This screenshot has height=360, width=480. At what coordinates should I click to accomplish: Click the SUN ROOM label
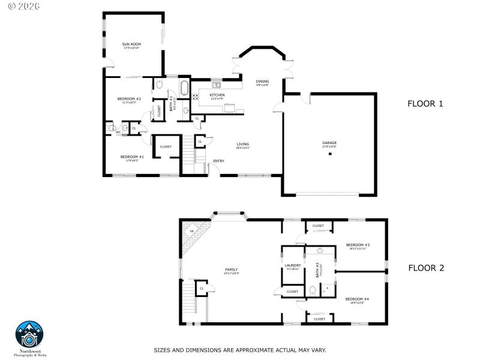(131, 44)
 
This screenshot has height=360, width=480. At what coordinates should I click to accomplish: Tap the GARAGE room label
(329, 143)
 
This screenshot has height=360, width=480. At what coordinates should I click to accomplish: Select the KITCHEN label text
(217, 95)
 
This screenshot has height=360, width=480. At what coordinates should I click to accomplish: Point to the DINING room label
(262, 82)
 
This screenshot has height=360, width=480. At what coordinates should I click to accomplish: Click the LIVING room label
(242, 144)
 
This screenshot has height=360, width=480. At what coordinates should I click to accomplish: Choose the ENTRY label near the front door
(218, 161)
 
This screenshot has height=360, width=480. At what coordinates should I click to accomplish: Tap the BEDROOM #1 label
(133, 157)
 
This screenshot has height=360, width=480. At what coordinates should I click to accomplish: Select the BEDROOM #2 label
(129, 99)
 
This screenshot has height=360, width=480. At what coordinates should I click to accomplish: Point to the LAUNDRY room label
(292, 265)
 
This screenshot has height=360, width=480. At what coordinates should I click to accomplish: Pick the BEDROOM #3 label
(358, 245)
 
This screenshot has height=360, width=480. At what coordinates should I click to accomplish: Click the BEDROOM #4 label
(357, 299)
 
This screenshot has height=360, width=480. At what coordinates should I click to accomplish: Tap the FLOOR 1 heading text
(425, 104)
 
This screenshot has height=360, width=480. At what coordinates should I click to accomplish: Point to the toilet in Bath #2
(313, 291)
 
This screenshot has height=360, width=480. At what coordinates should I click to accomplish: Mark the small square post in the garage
(329, 154)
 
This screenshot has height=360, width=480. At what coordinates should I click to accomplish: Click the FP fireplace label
(192, 232)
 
